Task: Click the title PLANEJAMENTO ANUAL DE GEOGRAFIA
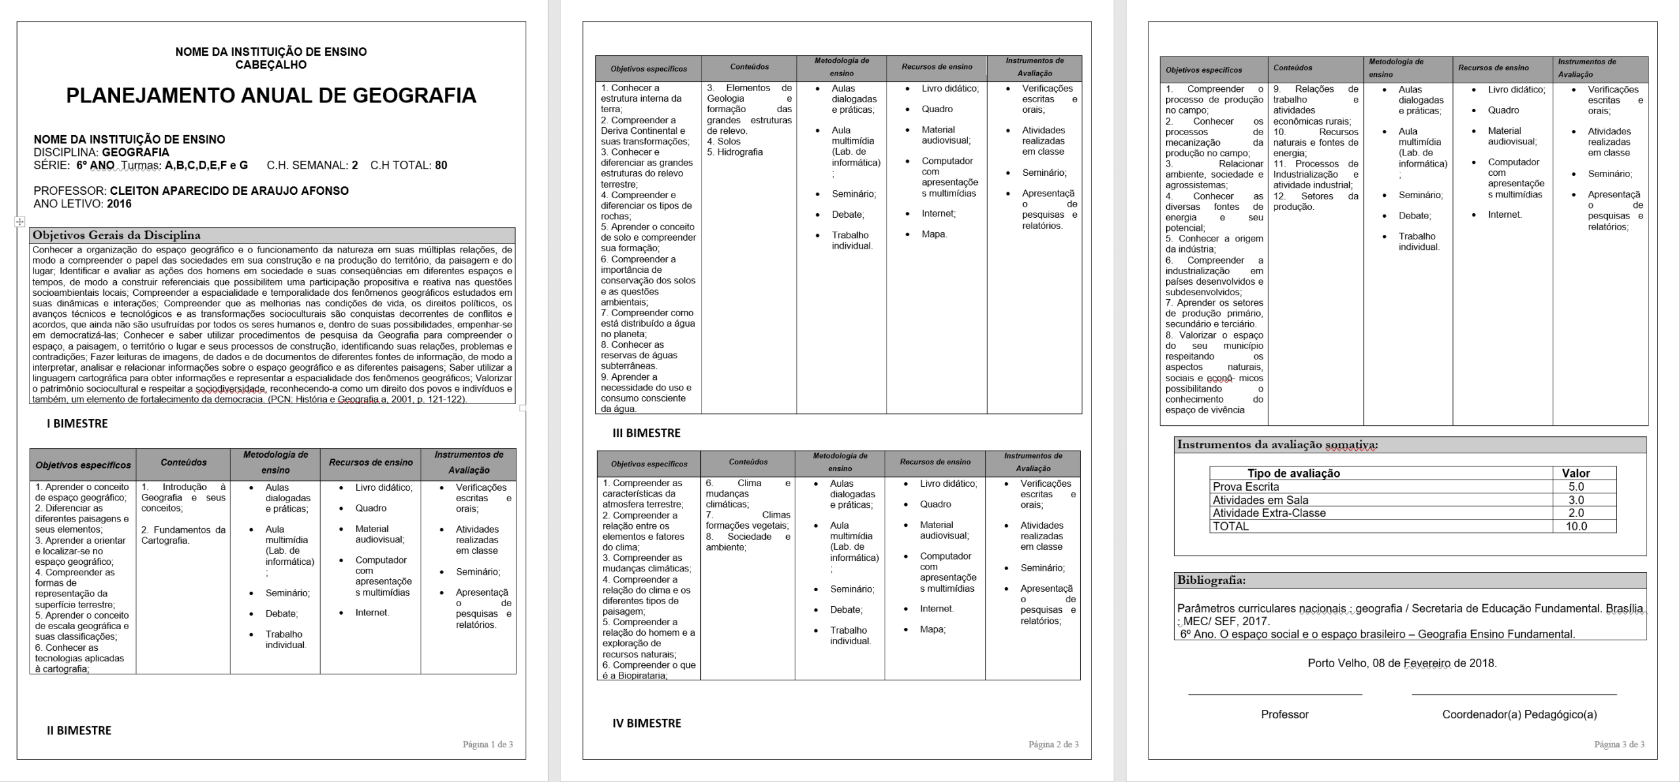click(271, 96)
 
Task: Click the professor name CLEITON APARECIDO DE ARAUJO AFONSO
click(229, 191)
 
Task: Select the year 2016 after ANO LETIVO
click(119, 204)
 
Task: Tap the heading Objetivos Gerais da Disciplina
click(117, 236)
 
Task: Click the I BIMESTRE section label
click(77, 424)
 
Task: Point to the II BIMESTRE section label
click(79, 730)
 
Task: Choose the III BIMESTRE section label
click(646, 433)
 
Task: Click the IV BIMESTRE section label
click(646, 723)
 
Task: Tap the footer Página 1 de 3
click(488, 745)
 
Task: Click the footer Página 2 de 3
click(1053, 745)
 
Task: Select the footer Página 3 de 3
click(1620, 745)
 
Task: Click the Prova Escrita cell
click(1246, 487)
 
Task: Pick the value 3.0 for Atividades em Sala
click(1576, 500)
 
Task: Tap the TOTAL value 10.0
click(1576, 526)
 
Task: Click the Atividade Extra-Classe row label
click(1269, 513)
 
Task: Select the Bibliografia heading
click(1211, 581)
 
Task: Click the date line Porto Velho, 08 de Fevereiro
click(1402, 663)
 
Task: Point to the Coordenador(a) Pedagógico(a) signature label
click(1519, 714)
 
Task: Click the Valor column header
click(1576, 474)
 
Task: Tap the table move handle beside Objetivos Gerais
click(20, 222)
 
